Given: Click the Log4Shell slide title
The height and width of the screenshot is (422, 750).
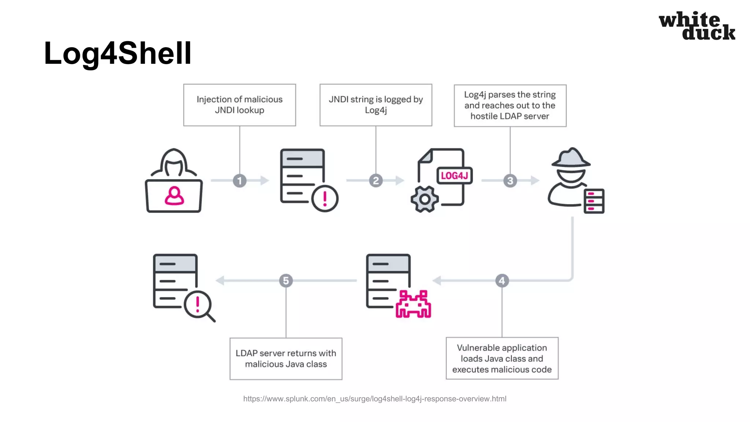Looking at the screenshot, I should point(118,53).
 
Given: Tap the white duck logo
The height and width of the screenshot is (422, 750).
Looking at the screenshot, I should point(697,26).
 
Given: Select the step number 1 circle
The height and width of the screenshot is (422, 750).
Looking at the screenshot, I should point(240,181).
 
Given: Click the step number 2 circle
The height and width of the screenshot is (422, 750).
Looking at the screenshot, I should point(376,181).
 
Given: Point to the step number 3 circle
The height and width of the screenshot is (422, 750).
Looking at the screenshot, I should point(510,181).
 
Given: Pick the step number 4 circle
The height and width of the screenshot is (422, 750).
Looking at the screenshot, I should point(502,281).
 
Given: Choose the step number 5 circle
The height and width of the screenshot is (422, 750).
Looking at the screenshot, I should point(286,281).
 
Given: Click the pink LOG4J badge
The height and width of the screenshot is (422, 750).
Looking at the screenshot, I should point(454,176).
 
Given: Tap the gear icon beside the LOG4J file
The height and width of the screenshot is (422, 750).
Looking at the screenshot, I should point(424,199).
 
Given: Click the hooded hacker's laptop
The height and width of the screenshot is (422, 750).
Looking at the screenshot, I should point(174,196).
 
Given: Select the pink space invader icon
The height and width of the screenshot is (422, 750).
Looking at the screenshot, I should point(413,304).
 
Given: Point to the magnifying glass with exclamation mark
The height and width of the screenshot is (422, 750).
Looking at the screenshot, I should point(198,305).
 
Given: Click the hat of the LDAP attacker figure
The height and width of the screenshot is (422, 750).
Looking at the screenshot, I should point(571,158).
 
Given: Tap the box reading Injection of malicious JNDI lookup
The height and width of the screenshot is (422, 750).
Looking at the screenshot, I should point(240,105).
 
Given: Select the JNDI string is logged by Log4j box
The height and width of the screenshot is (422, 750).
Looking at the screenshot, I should point(376,105).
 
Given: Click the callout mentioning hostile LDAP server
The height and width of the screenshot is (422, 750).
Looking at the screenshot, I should point(510,105).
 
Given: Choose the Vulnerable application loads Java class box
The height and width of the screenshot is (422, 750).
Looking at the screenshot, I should point(502,358).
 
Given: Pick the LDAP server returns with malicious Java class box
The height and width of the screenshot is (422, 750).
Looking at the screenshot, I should point(286,359).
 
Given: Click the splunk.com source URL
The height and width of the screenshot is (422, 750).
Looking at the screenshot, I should point(375,399).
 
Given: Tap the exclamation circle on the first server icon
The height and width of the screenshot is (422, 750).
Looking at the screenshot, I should point(325,199).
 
